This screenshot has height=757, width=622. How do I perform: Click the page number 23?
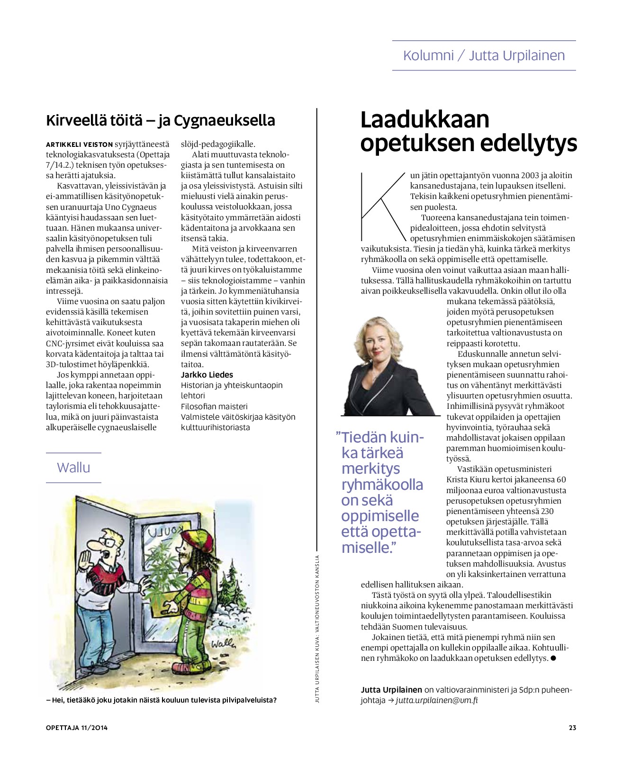(572, 728)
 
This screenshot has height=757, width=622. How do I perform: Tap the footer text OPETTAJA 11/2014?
(77, 728)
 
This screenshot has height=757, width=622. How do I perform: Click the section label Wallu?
(73, 468)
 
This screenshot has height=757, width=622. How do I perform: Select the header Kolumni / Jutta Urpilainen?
(484, 55)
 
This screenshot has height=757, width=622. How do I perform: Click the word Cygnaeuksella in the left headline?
(225, 120)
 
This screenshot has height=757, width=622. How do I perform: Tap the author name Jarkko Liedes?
(207, 375)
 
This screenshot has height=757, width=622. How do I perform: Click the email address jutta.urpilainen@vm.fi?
(437, 700)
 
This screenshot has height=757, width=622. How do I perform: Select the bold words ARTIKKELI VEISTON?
(80, 144)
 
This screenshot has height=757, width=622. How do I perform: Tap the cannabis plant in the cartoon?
(163, 571)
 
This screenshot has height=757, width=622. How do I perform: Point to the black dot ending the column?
(553, 658)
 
